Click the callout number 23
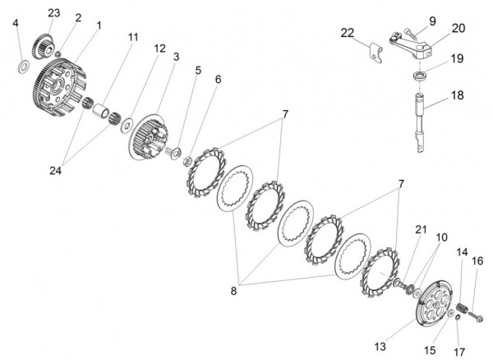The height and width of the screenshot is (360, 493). click(x=53, y=13)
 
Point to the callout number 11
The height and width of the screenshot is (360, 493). click(x=133, y=37)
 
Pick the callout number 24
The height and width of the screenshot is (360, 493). click(x=55, y=170)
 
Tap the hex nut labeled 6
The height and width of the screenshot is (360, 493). click(x=187, y=161)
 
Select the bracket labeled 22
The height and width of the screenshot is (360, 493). click(x=376, y=53)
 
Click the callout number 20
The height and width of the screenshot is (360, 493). click(x=458, y=28)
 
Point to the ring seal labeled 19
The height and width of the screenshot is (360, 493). click(x=420, y=76)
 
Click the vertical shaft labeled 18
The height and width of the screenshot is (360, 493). click(x=420, y=122)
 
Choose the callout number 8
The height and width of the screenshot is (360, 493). click(x=233, y=291)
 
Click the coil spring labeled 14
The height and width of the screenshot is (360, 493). click(x=462, y=307)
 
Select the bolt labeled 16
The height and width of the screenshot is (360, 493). click(x=476, y=316)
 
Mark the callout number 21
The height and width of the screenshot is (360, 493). click(x=421, y=229)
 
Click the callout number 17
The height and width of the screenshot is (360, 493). click(x=459, y=352)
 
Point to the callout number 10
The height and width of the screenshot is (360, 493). click(x=441, y=237)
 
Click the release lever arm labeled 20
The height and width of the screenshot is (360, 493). click(x=411, y=45)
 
